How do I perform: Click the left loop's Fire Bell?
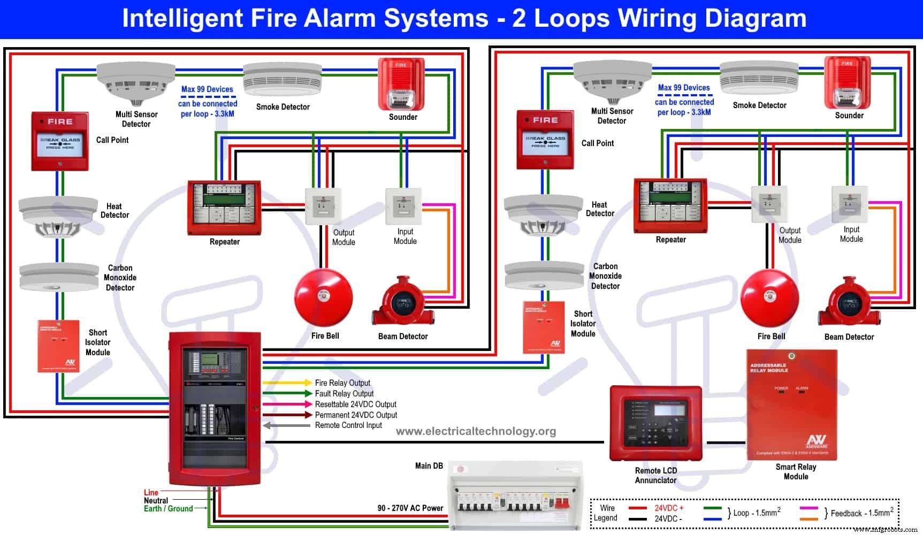coord(323,297)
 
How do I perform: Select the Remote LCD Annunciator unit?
coord(655,423)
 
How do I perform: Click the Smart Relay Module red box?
coord(791,404)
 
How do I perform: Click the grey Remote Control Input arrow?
coord(287,425)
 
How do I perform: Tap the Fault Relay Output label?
coord(344,393)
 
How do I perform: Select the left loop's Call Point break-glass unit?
coord(59,141)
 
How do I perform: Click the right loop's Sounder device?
coord(847,83)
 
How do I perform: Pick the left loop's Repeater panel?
coord(224,208)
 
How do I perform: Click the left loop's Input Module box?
coord(404,207)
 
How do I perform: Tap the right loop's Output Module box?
coord(769,204)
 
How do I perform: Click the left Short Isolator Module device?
coord(58,346)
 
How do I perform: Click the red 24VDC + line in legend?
coord(638,508)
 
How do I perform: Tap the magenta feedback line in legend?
coord(808,508)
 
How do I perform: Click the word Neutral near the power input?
coord(156,501)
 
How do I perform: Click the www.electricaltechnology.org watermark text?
coord(476,431)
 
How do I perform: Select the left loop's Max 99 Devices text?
coord(207,89)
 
